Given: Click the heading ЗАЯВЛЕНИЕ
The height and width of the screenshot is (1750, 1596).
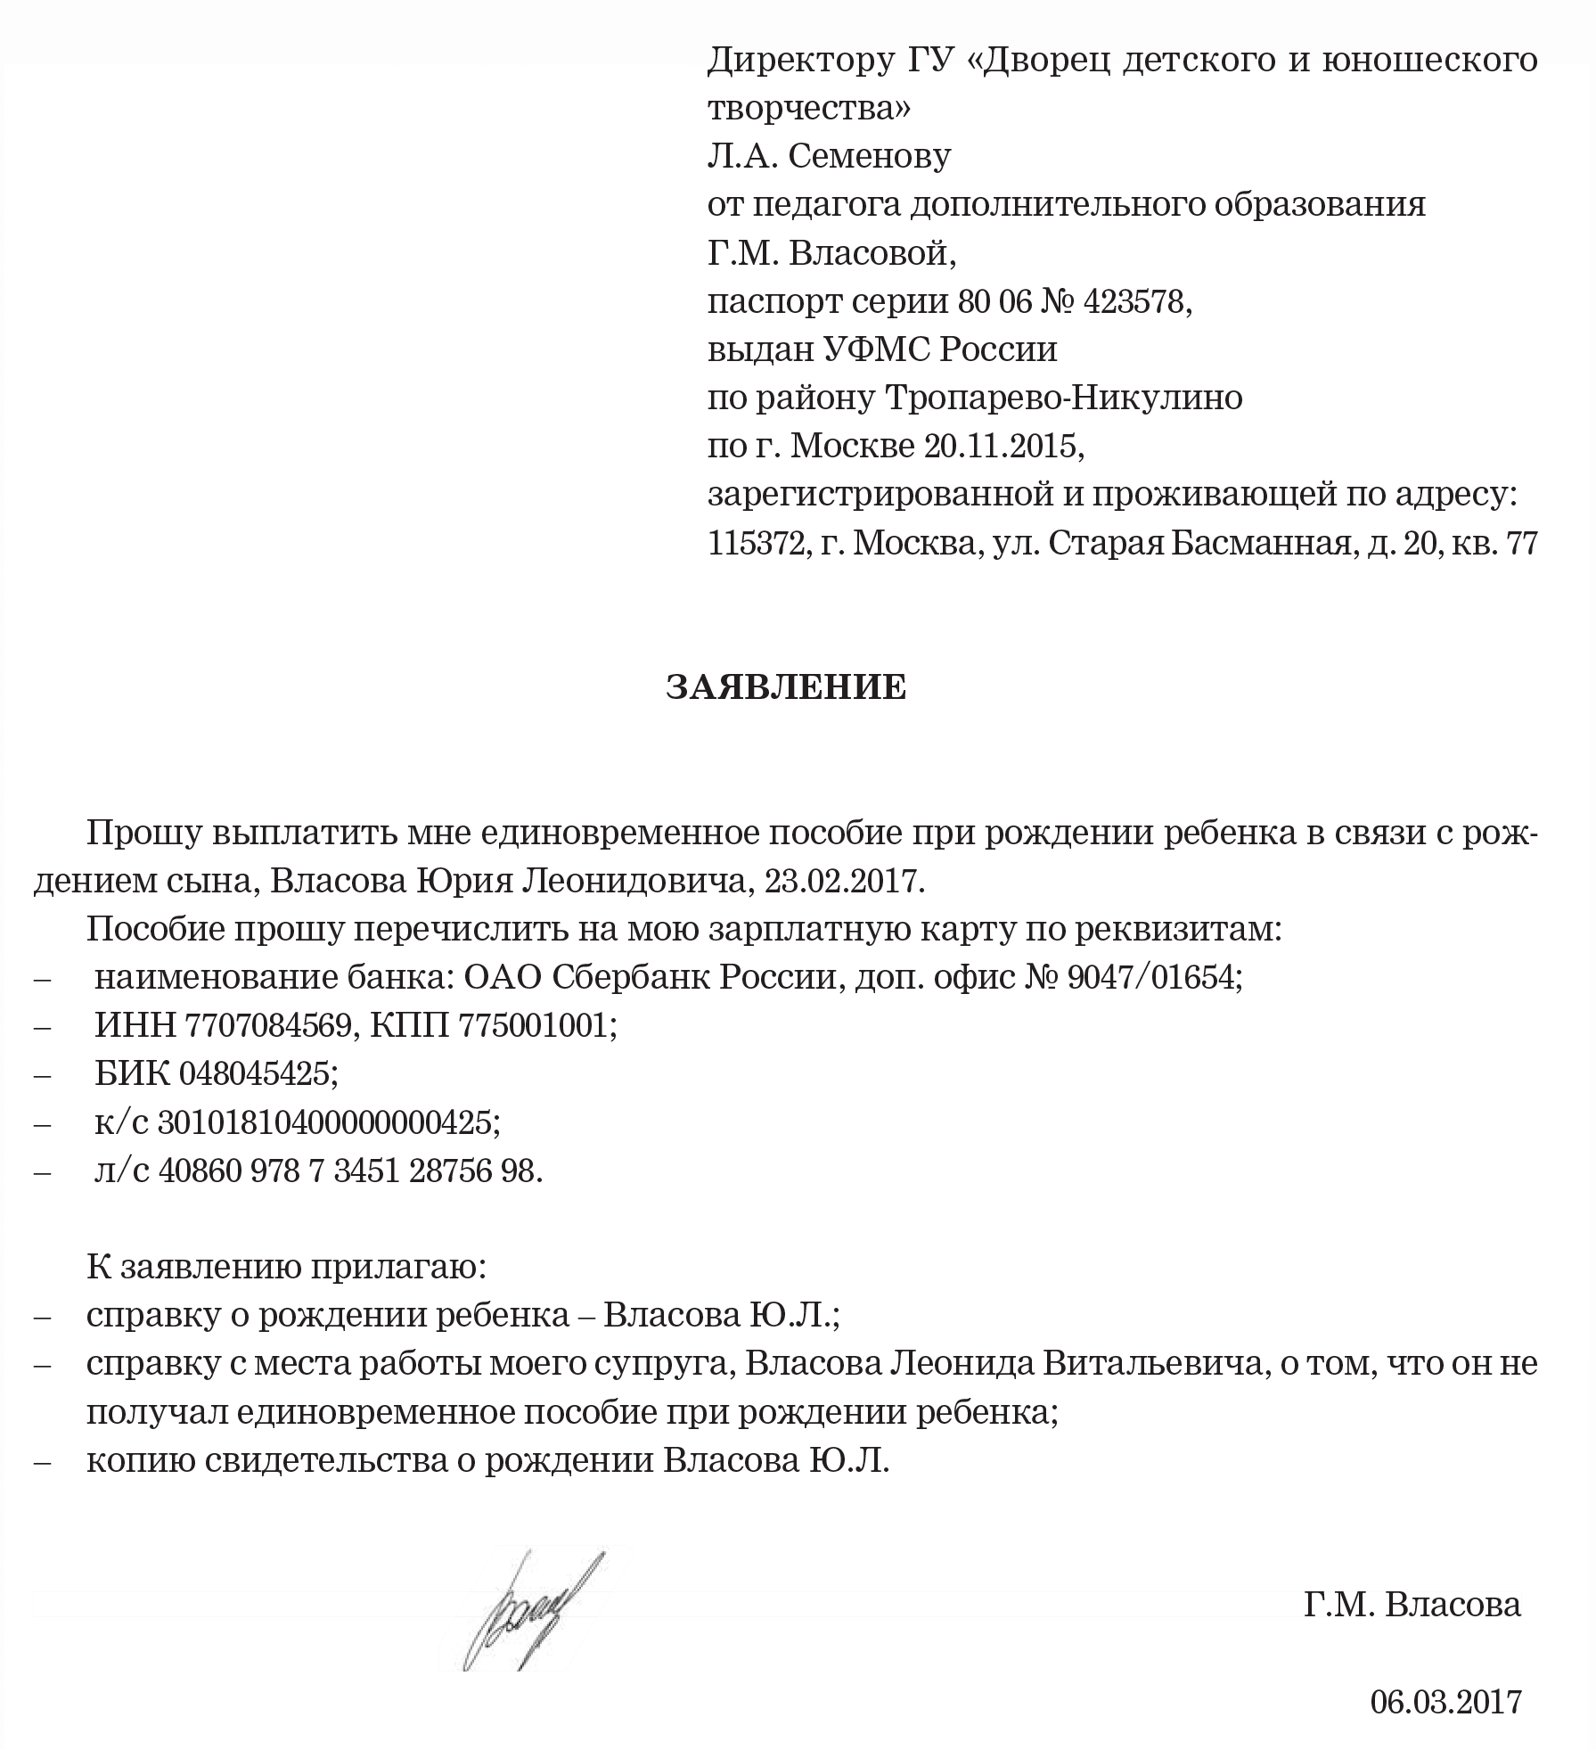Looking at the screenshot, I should [x=786, y=687].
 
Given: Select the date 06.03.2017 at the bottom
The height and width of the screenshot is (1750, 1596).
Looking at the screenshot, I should [x=1445, y=1701].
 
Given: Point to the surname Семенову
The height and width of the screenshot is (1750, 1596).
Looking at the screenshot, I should [x=869, y=157].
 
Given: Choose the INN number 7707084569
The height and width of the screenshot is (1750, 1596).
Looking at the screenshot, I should [x=266, y=1026].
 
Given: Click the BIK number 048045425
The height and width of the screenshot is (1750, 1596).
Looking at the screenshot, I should [x=258, y=1074].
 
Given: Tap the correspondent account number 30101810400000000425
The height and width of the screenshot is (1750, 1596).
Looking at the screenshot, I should [x=324, y=1122].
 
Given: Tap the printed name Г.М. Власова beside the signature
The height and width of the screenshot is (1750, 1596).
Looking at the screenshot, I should [x=1412, y=1605].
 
